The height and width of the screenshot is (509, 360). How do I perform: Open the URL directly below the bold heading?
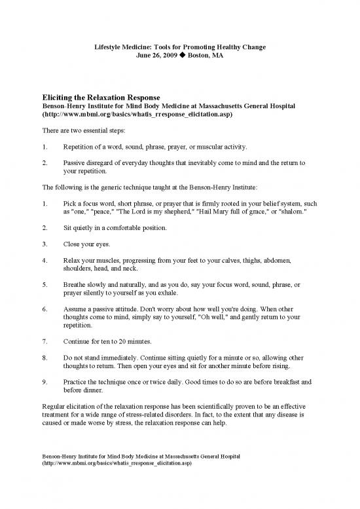click(x=136, y=115)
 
